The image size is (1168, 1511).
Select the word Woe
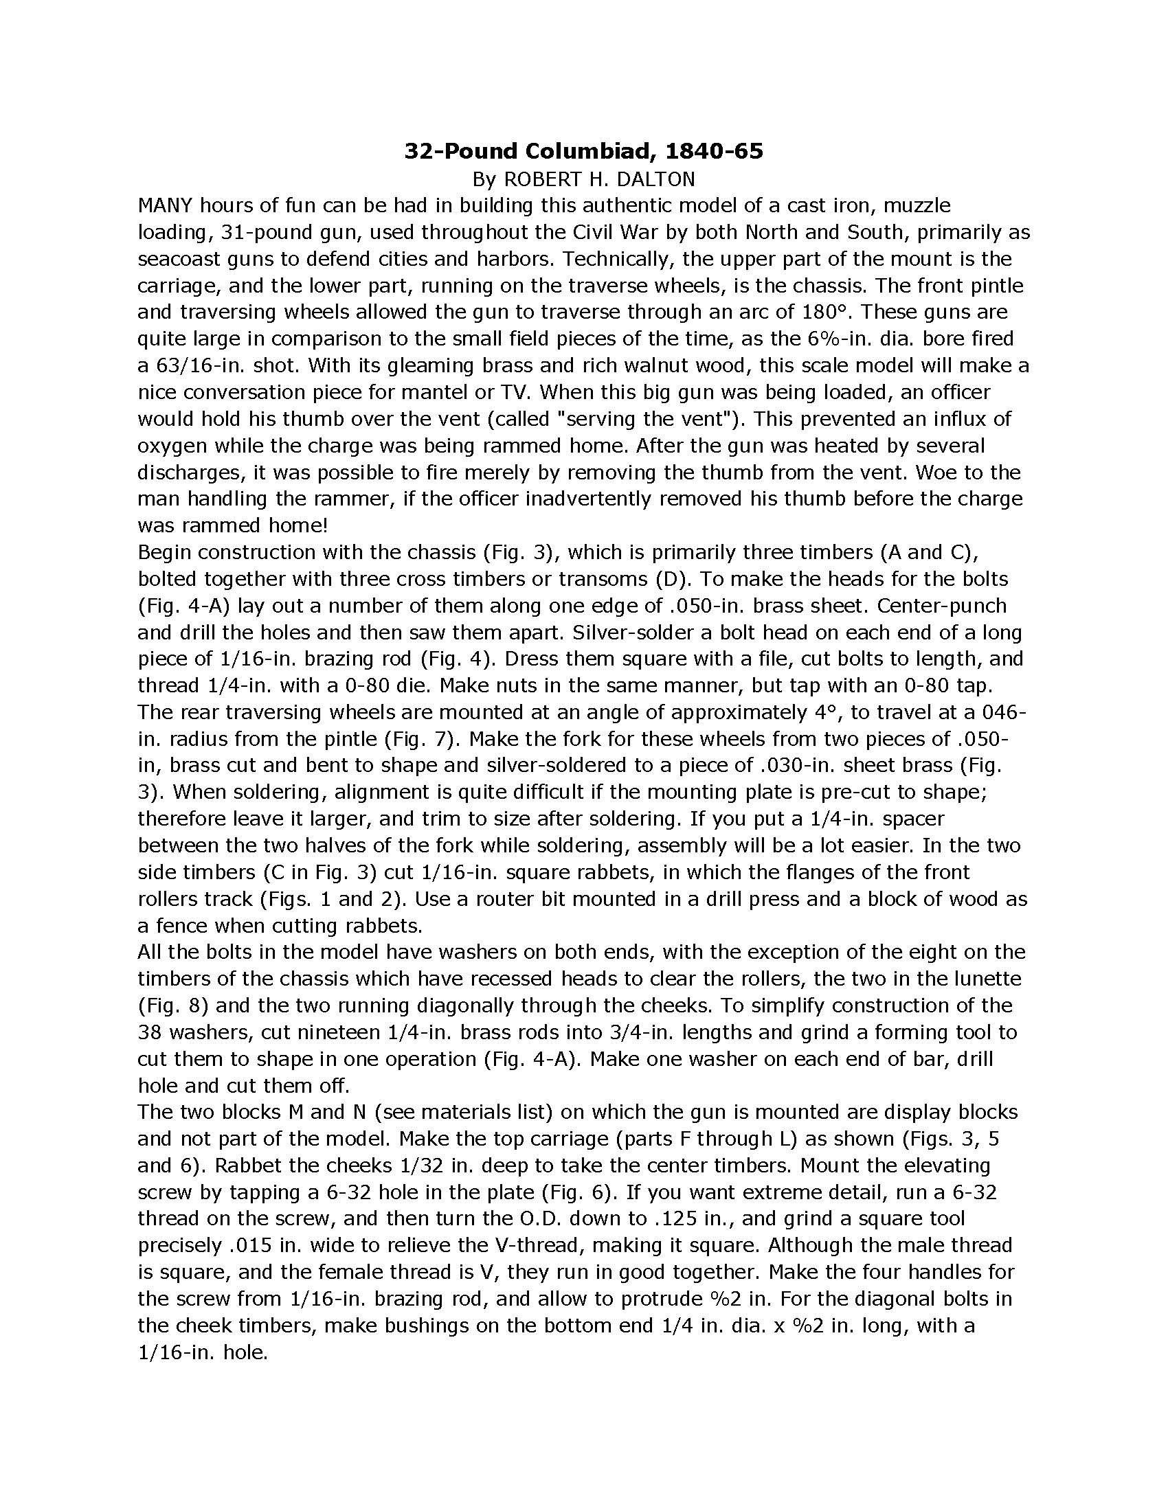coord(954,473)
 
